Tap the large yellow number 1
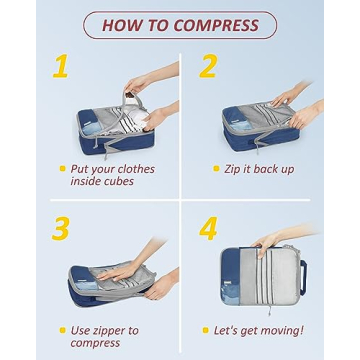(x=61, y=68)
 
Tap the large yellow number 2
(x=208, y=68)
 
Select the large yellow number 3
(x=61, y=228)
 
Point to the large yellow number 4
(x=208, y=228)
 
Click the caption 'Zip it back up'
(x=260, y=169)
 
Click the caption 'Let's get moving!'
(x=259, y=330)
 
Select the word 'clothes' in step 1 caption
(x=133, y=169)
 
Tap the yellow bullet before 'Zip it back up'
(x=217, y=169)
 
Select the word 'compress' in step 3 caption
(x=95, y=343)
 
